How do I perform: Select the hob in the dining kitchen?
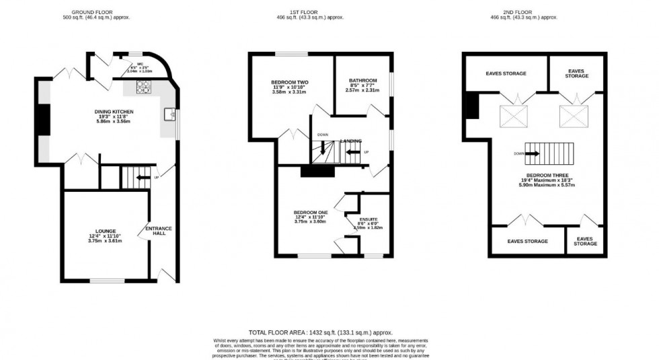pos(143,86)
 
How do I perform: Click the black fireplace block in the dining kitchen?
pos(43,121)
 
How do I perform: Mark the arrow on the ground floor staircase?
pos(142,178)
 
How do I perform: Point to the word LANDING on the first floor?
pos(351,141)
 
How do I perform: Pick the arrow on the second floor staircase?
pos(532,153)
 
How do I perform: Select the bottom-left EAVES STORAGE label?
pos(527,241)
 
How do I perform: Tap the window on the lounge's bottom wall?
pos(106,280)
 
